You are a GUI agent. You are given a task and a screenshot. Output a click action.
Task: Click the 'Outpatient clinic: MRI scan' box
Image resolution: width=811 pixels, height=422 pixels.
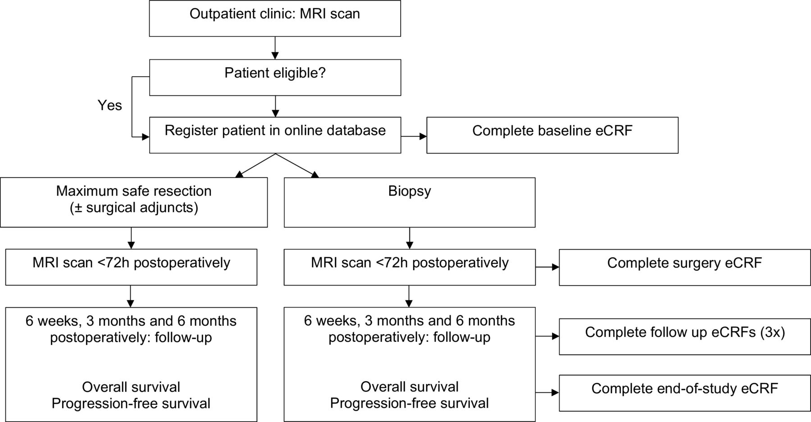coord(275,18)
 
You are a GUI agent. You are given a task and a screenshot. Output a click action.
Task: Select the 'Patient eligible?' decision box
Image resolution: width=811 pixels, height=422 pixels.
coord(275,77)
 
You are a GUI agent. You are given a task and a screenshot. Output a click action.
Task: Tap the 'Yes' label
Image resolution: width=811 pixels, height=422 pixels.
coord(110,105)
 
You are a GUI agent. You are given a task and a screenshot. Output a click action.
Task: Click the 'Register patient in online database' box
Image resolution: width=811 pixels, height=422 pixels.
coord(275,135)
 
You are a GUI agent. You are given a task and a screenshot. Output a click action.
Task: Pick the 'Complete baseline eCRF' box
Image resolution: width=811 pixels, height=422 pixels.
coord(552,135)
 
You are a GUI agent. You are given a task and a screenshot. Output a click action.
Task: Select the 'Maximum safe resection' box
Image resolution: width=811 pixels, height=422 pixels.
coord(134,202)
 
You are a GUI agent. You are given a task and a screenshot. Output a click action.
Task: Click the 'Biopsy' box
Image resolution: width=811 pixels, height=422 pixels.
coord(410,202)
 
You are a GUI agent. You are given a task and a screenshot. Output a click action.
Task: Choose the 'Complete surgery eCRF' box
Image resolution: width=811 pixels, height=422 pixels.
coord(685,267)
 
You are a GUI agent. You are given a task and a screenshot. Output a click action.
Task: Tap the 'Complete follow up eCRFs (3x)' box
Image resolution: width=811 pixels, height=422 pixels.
coord(685,337)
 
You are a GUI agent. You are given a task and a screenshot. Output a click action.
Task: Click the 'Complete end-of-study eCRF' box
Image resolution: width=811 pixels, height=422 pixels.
coord(685,393)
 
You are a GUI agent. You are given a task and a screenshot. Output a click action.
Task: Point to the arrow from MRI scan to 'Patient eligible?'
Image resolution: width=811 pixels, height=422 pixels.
coord(275,48)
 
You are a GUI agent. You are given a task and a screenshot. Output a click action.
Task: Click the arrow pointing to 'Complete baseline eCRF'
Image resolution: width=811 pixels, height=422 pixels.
coord(414,136)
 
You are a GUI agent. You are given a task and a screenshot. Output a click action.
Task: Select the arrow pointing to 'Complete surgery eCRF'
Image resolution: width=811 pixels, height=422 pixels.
coord(547,268)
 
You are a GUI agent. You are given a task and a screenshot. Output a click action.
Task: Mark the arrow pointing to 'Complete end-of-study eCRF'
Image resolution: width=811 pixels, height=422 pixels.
coord(547,393)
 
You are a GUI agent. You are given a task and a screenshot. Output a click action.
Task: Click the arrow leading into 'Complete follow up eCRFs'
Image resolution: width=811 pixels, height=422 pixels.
coord(547,336)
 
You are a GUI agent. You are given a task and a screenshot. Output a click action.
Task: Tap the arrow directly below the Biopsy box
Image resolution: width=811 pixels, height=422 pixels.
coord(410,238)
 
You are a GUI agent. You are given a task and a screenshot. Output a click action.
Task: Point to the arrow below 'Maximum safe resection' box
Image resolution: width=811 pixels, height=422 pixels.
coord(131,238)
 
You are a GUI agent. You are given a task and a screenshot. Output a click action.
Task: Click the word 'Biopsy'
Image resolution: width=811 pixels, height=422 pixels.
coord(410,191)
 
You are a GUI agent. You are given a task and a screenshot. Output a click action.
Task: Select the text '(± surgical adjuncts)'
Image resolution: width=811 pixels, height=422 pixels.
coord(134,208)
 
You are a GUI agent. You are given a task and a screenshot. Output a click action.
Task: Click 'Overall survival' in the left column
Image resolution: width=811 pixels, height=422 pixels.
coord(131,387)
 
